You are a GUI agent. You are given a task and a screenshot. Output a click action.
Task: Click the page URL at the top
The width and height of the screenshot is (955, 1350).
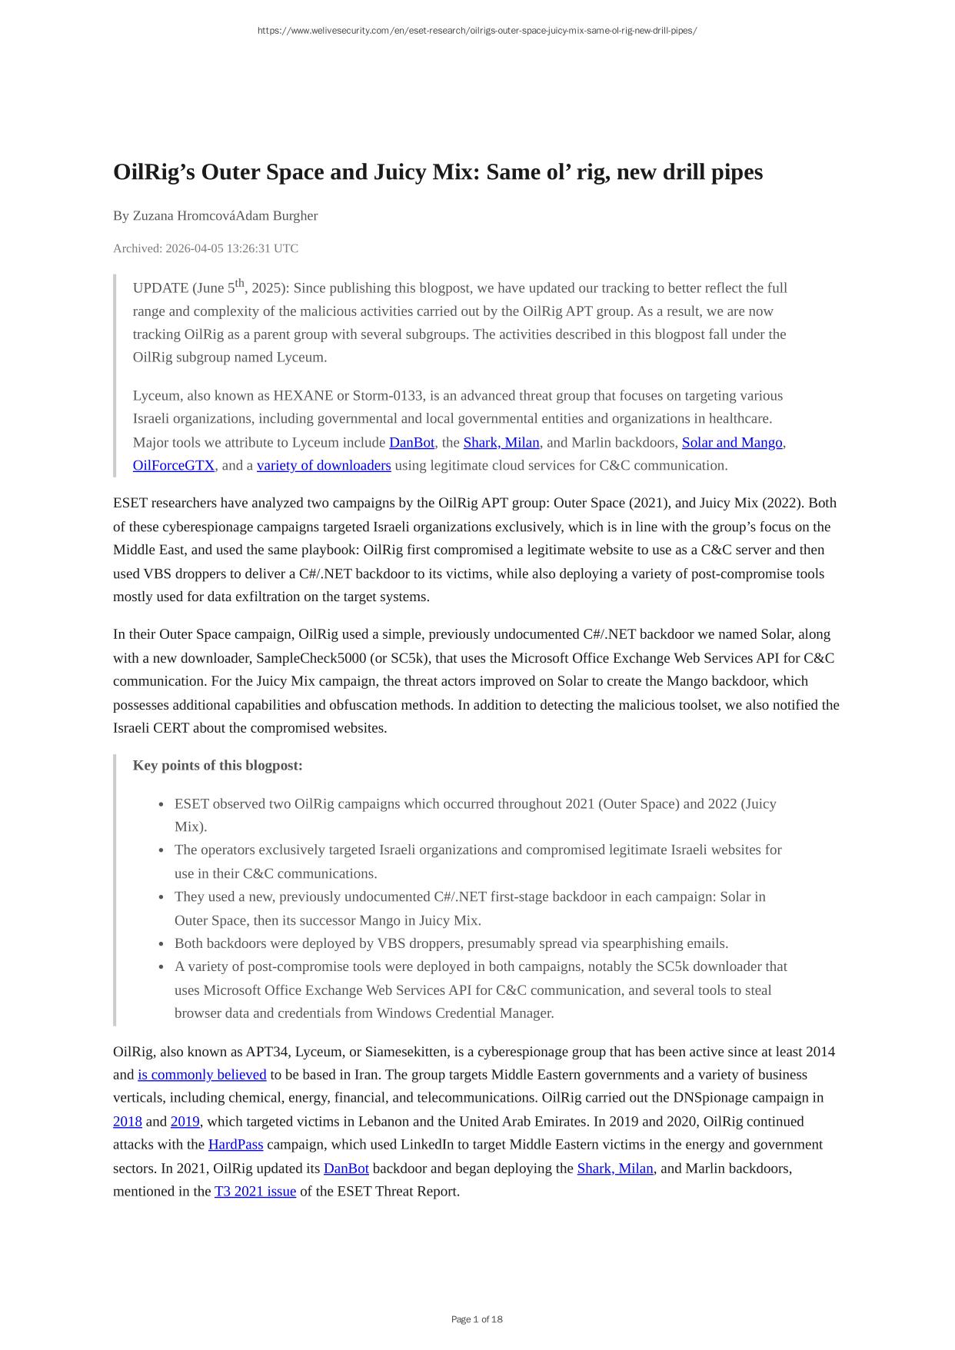(x=477, y=31)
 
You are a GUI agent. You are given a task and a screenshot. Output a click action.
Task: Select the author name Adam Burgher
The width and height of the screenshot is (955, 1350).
(x=277, y=216)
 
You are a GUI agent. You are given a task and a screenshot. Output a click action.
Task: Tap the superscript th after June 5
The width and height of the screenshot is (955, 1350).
(x=240, y=283)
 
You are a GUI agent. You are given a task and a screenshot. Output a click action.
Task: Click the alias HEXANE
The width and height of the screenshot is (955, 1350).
(x=303, y=396)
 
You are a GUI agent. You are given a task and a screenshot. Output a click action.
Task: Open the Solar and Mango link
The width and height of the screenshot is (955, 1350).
(x=731, y=443)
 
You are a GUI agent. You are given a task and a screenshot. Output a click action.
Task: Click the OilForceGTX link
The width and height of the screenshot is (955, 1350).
(x=174, y=466)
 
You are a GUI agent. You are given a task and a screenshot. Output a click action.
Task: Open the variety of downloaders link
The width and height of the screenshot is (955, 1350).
(x=324, y=466)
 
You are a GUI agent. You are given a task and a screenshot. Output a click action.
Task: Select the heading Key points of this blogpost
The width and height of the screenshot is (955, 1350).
(x=218, y=766)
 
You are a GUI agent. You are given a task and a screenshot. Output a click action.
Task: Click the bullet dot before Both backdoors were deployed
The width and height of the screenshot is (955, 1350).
(x=161, y=944)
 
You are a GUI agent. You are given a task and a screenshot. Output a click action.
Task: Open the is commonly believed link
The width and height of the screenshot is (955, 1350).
(x=202, y=1075)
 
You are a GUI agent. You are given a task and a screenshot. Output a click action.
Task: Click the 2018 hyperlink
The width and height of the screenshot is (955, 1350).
(x=128, y=1122)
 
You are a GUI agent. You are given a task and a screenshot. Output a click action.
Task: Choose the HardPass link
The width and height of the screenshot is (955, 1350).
(x=235, y=1145)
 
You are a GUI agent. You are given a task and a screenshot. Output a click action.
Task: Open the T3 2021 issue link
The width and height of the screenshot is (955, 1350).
(x=255, y=1192)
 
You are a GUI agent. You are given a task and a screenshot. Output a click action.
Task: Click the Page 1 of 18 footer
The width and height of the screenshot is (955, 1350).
(x=477, y=1319)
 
